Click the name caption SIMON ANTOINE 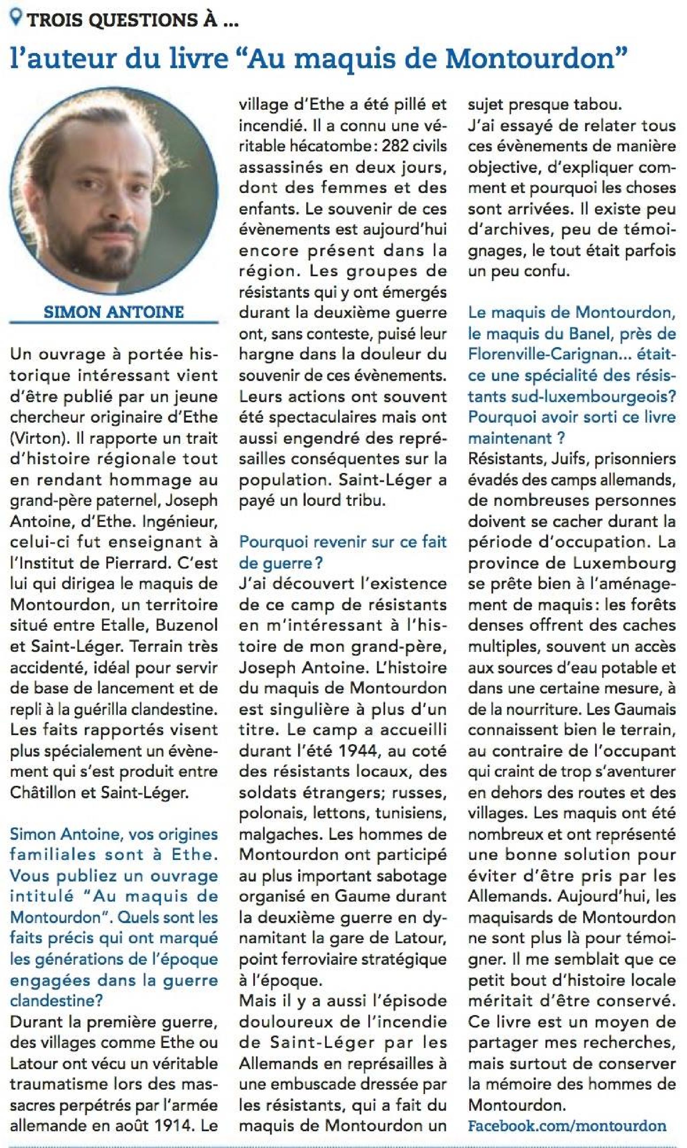114,312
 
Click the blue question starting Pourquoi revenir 342,552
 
